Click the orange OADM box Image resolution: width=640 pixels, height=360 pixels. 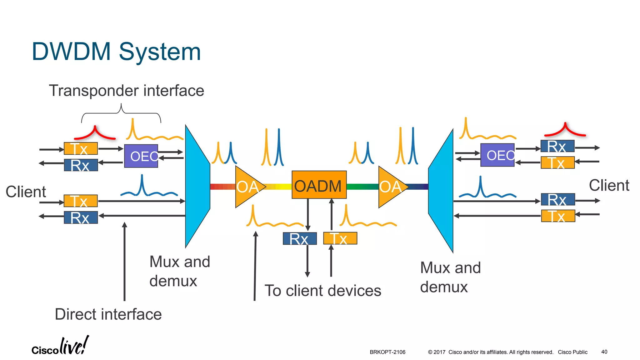[x=319, y=185]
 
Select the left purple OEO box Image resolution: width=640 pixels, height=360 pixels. [x=141, y=156]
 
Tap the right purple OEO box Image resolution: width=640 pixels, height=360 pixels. [x=497, y=155]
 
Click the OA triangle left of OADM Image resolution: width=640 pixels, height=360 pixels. [x=247, y=187]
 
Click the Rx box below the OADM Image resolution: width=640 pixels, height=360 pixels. [x=300, y=238]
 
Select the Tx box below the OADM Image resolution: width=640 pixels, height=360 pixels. [x=340, y=238]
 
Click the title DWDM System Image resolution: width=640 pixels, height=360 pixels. [x=116, y=52]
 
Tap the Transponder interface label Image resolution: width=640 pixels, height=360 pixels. [x=127, y=91]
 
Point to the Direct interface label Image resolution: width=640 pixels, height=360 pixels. [x=108, y=314]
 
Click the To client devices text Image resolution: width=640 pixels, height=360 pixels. [x=323, y=291]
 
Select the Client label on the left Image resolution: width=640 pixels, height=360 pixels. [x=26, y=192]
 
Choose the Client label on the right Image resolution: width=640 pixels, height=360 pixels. [x=609, y=185]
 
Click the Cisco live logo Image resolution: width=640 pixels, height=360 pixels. [x=60, y=346]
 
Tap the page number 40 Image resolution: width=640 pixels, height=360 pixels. [x=604, y=352]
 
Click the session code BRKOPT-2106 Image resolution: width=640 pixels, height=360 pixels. [x=387, y=352]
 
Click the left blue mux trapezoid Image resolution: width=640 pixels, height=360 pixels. [x=197, y=187]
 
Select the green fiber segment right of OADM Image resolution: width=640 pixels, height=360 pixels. [x=362, y=187]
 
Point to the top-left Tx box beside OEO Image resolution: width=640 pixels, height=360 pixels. [x=81, y=148]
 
